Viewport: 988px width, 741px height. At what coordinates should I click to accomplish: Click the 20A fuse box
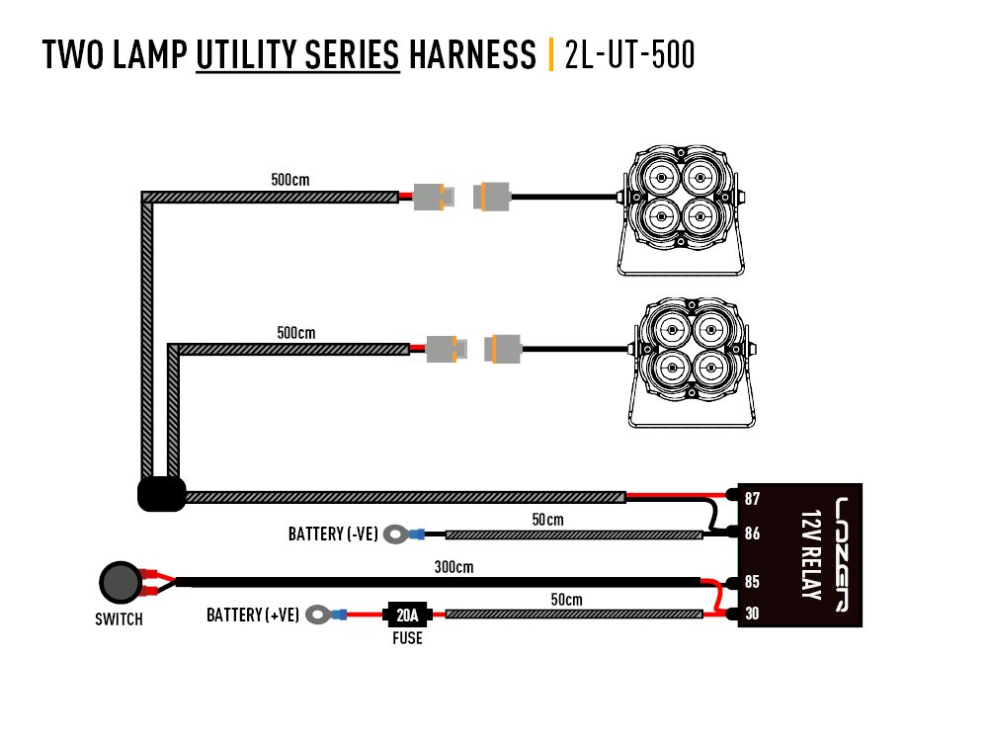[407, 615]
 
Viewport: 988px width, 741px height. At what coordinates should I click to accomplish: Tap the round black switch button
[121, 583]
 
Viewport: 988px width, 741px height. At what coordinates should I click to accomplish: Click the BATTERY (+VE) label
[253, 616]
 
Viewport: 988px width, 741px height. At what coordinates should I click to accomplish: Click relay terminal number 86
[753, 533]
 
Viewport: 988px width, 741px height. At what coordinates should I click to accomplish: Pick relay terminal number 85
[753, 582]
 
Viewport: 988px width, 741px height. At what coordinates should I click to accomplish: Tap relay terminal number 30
[753, 615]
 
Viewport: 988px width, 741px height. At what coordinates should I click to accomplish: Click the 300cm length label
[453, 568]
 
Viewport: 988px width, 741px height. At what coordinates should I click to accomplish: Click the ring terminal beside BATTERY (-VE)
[397, 535]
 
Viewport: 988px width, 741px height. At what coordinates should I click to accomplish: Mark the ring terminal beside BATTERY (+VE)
[318, 615]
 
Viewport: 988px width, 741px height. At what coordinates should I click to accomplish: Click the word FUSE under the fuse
[406, 638]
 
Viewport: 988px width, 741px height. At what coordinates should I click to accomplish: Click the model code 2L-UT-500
[629, 55]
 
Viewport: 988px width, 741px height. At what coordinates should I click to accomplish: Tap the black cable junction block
[161, 494]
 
